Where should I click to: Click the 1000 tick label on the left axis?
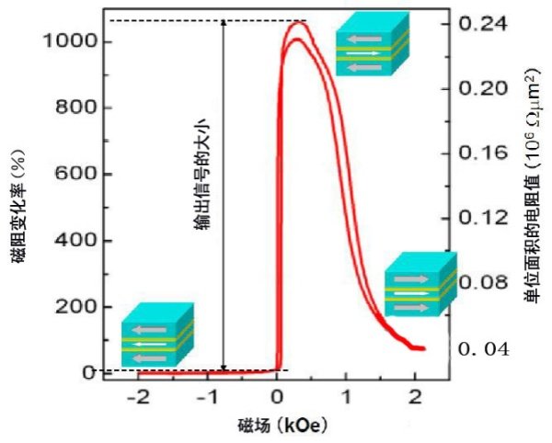point(66,42)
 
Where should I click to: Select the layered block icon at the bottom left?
point(157,332)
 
